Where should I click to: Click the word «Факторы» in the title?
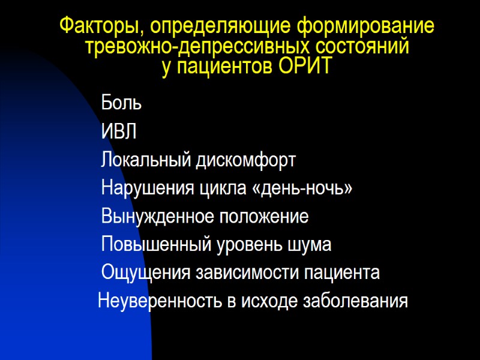(101, 28)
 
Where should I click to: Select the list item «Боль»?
(121, 103)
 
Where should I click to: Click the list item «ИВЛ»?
(119, 131)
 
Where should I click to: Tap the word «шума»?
(311, 245)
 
